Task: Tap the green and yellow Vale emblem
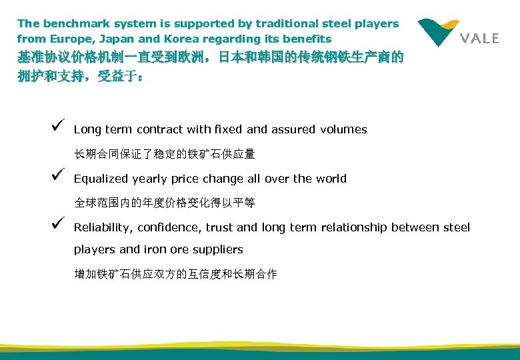(438, 31)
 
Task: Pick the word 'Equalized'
(101, 179)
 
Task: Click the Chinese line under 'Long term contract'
(164, 154)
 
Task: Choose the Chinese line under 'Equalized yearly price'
(164, 203)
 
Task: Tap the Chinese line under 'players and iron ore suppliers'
(175, 274)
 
